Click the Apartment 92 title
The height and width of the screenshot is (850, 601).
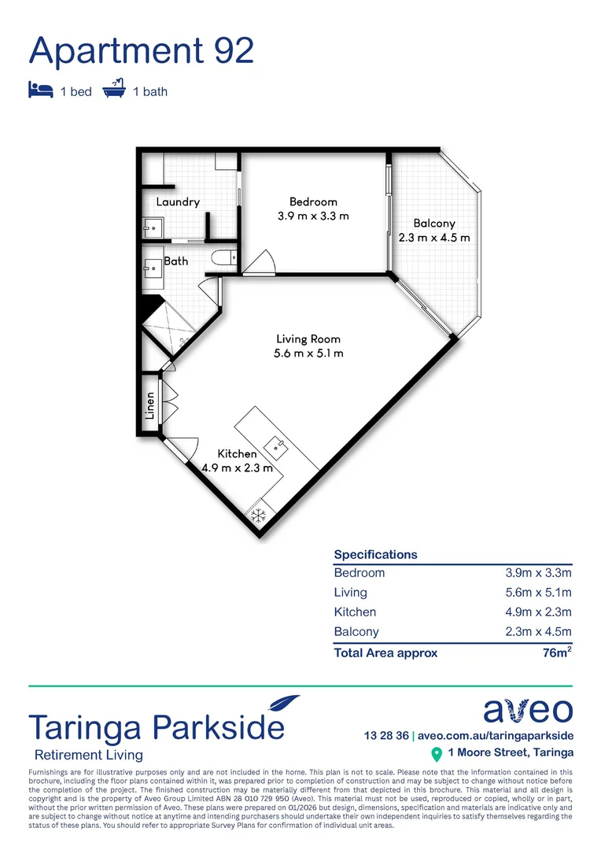point(142,50)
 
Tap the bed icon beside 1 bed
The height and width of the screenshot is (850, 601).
point(40,90)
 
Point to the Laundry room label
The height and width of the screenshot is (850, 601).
point(178,202)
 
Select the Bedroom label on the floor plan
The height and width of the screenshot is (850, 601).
point(313,202)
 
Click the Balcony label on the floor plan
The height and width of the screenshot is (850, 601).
point(434,224)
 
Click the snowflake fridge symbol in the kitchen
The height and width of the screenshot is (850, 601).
point(257,516)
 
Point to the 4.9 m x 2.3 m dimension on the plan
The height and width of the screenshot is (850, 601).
point(237,468)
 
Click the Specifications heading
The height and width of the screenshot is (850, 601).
point(376,554)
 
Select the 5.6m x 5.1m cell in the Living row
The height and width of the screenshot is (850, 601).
point(538,593)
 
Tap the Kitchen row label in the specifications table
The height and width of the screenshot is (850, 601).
point(356,612)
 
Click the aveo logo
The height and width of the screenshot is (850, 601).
point(528,710)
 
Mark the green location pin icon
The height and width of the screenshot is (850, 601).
point(437,755)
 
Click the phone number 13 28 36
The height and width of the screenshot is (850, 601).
point(386,736)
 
